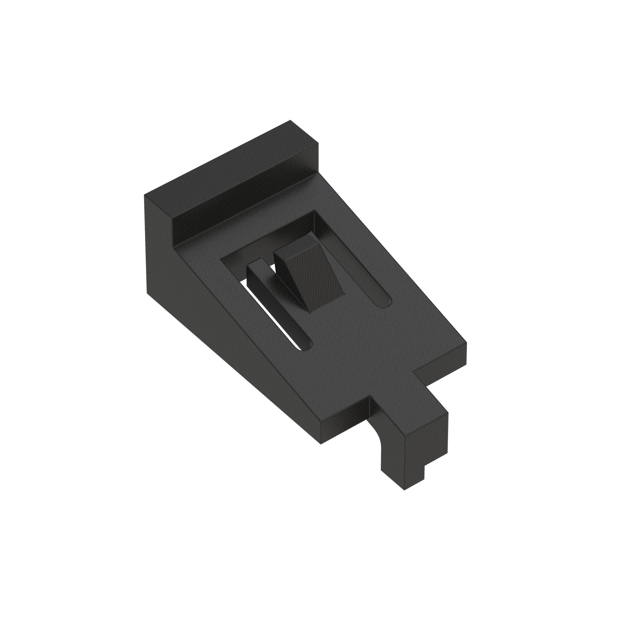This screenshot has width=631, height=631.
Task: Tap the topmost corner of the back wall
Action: pyautogui.click(x=290, y=121)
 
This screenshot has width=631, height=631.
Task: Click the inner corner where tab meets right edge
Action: pyautogui.click(x=414, y=371)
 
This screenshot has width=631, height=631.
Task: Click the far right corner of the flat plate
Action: pyautogui.click(x=466, y=344)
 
